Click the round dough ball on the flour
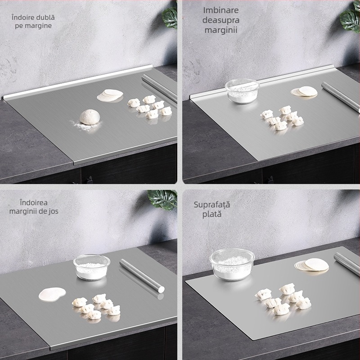coord(90,117)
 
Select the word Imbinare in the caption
coord(221,10)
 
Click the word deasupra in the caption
coord(221,20)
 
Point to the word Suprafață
coord(211,205)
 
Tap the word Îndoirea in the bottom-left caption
coord(34,203)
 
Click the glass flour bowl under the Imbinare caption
coord(242,91)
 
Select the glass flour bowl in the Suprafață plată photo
coord(232,265)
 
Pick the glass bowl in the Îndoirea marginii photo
coord(92,267)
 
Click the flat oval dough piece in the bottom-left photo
coord(52,294)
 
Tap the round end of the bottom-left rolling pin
coord(161,289)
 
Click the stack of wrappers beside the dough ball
coord(110,95)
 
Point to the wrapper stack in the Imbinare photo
coord(304,91)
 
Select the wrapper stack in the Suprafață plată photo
coord(311,265)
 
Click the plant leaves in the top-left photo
coord(170,18)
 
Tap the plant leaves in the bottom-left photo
coord(162,199)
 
